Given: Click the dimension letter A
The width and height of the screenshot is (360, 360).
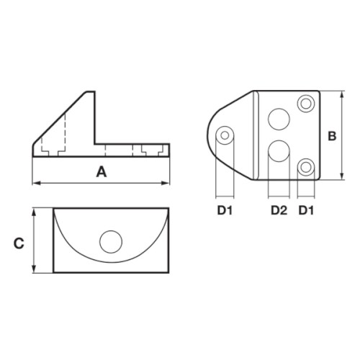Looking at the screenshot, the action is click(x=102, y=172).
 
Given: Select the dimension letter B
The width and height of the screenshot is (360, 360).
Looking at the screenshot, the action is click(x=332, y=136).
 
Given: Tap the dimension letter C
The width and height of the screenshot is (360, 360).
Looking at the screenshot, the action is click(x=19, y=243).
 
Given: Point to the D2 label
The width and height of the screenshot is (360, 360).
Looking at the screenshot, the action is click(x=279, y=210).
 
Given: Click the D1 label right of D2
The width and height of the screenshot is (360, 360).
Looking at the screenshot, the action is click(x=306, y=210).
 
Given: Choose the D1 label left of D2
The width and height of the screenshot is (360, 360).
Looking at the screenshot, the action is click(x=225, y=210).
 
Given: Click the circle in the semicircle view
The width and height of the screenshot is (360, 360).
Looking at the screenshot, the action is click(x=111, y=242).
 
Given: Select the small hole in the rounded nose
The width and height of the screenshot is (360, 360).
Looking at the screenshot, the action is click(x=225, y=135).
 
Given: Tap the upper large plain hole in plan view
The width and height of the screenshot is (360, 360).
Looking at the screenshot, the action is click(x=279, y=119).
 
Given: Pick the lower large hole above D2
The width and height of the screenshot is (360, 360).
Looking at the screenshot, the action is click(x=279, y=151).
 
